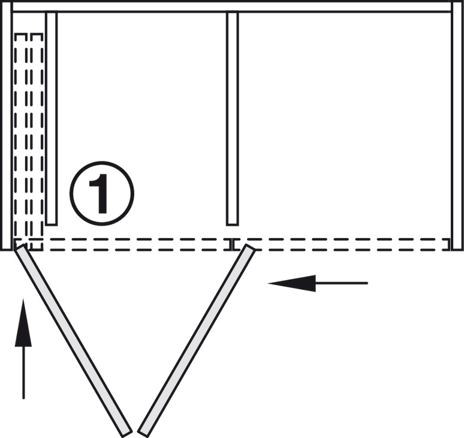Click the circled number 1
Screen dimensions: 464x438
click(101, 193)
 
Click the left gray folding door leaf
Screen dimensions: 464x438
click(73, 340)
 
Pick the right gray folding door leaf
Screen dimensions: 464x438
click(196, 340)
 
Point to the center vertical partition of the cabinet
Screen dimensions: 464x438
click(232, 117)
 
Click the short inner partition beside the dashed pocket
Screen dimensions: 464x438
click(52, 117)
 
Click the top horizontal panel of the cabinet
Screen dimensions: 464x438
click(232, 6)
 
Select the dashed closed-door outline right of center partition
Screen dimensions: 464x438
click(342, 244)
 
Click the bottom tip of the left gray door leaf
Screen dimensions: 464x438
click(126, 431)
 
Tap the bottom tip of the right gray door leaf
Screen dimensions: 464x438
click(143, 431)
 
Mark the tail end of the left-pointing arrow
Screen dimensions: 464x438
click(366, 283)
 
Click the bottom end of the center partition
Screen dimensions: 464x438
click(232, 222)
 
